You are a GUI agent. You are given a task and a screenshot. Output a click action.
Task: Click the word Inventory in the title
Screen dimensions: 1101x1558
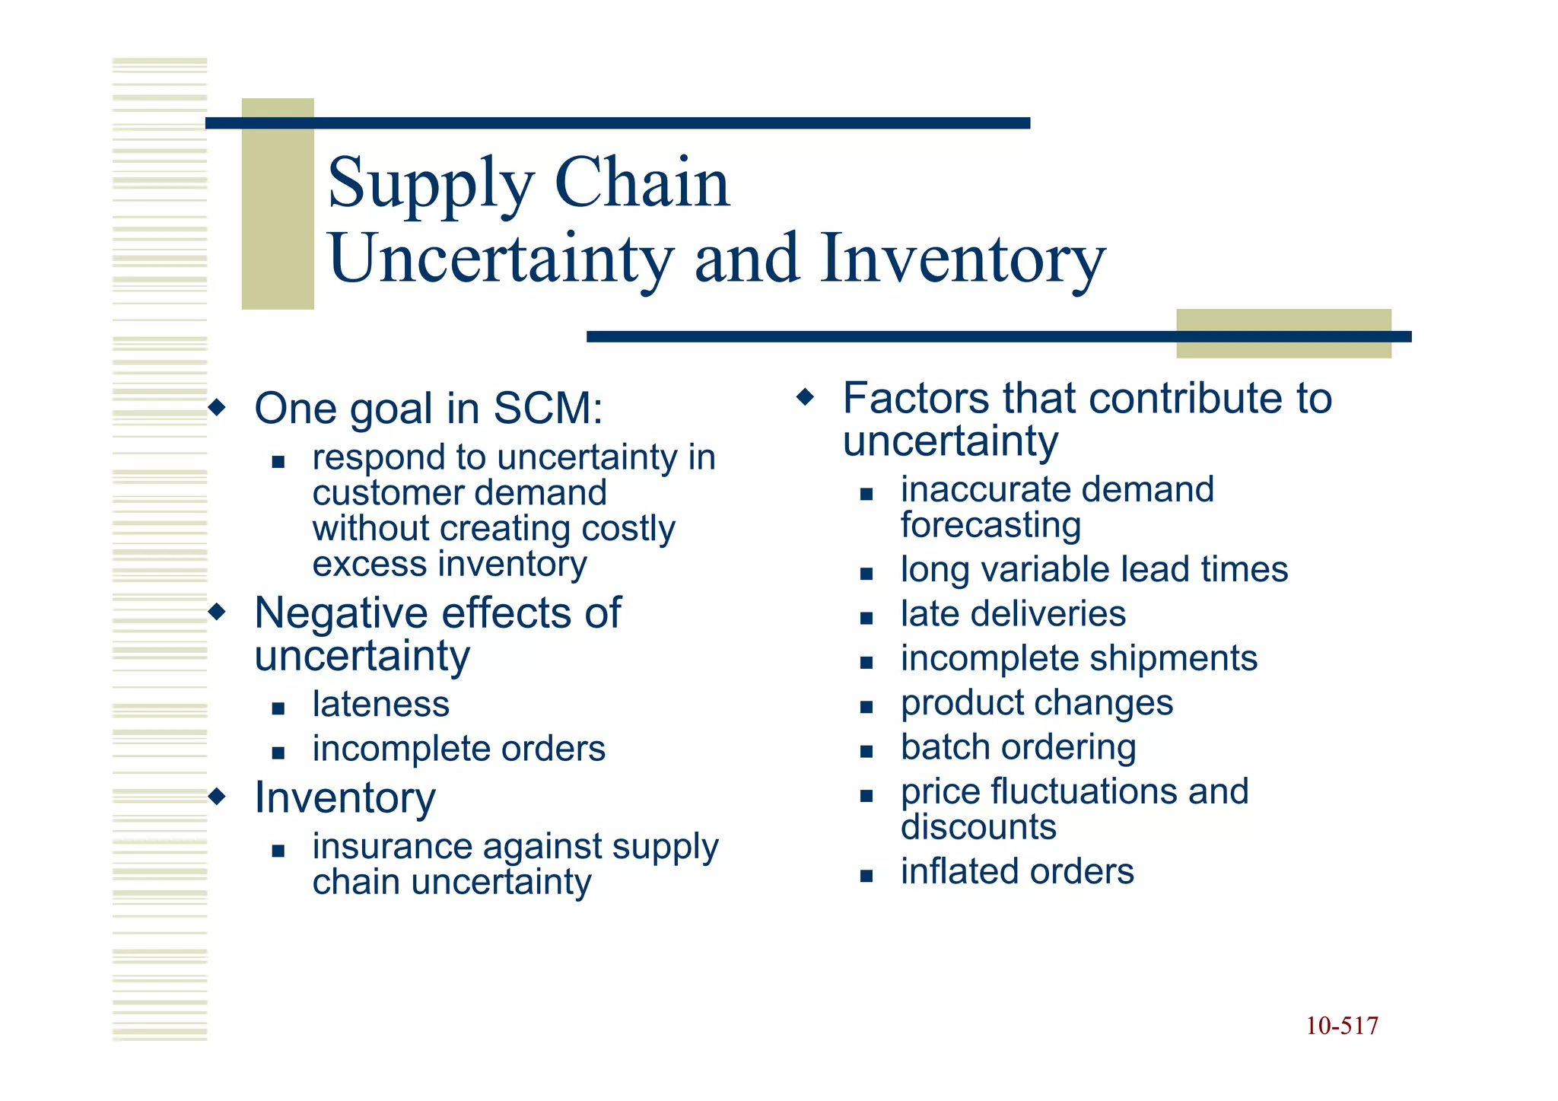pyautogui.click(x=962, y=259)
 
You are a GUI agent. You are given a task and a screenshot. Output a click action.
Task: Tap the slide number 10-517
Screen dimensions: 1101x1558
pyautogui.click(x=1341, y=1026)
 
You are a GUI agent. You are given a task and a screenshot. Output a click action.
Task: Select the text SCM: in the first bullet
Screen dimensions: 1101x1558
pyautogui.click(x=548, y=409)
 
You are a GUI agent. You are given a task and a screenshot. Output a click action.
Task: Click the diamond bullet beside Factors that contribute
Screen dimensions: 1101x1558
pyautogui.click(x=805, y=397)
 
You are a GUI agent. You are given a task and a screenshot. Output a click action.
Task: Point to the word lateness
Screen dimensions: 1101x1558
pyautogui.click(x=380, y=704)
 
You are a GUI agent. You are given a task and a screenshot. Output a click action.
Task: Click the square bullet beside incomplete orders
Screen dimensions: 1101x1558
pyautogui.click(x=278, y=753)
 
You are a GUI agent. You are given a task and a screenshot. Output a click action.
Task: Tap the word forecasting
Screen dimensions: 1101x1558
pyautogui.click(x=990, y=525)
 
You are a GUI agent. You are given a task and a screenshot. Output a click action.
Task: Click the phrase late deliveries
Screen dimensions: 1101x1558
pyautogui.click(x=1013, y=614)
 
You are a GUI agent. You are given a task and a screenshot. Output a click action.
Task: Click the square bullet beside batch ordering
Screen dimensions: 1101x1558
pyautogui.click(x=866, y=751)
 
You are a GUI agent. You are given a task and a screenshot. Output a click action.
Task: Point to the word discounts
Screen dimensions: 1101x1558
pyautogui.click(x=978, y=827)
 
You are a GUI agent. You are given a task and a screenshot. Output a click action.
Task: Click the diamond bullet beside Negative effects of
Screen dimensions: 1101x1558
pyautogui.click(x=218, y=612)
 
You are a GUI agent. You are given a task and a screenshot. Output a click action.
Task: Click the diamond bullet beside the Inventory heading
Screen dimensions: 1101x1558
pyautogui.click(x=218, y=797)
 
